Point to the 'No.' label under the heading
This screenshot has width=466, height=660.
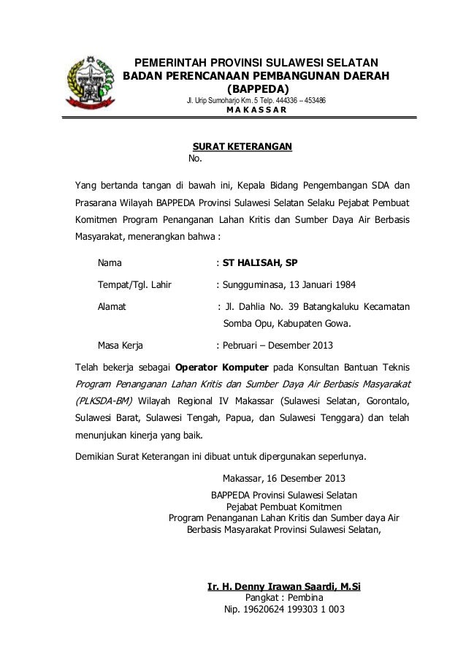(x=195, y=159)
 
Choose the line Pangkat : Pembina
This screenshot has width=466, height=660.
(x=284, y=598)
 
